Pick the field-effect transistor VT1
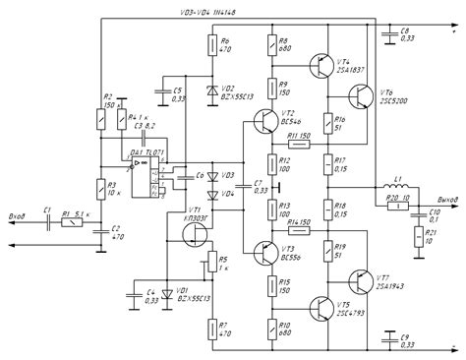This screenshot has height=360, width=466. tap(193, 232)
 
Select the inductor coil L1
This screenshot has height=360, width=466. tap(399, 186)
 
